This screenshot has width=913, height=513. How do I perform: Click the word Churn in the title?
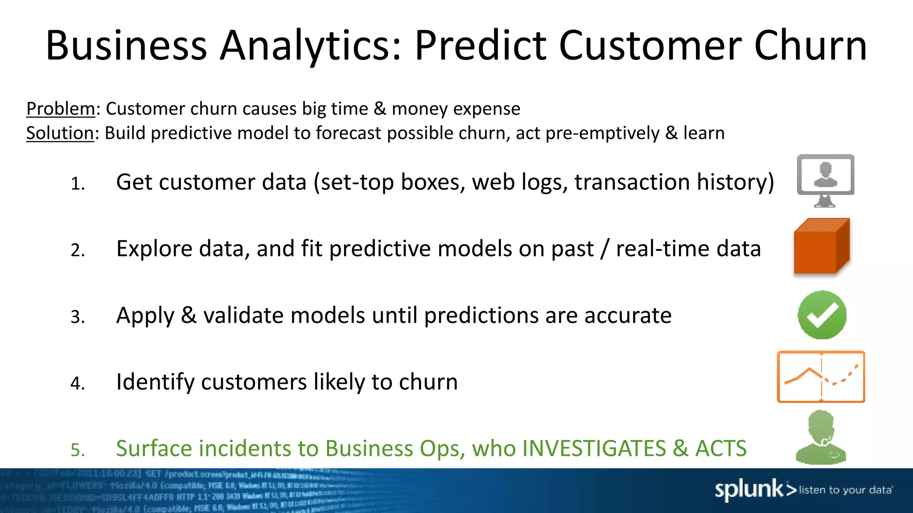(810, 45)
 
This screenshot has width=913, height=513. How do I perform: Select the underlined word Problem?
(61, 109)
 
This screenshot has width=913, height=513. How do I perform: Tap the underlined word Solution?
(60, 133)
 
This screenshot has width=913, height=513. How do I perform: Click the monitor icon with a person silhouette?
(825, 179)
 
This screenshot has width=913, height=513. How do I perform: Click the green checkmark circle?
(822, 315)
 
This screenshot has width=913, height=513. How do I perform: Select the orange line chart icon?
(821, 377)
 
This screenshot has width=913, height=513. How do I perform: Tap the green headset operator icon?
(821, 438)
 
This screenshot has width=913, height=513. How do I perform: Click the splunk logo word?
(749, 490)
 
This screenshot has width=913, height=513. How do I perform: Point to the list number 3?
(78, 317)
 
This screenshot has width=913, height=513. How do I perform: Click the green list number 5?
(78, 450)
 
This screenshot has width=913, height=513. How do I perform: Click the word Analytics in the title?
(311, 45)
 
